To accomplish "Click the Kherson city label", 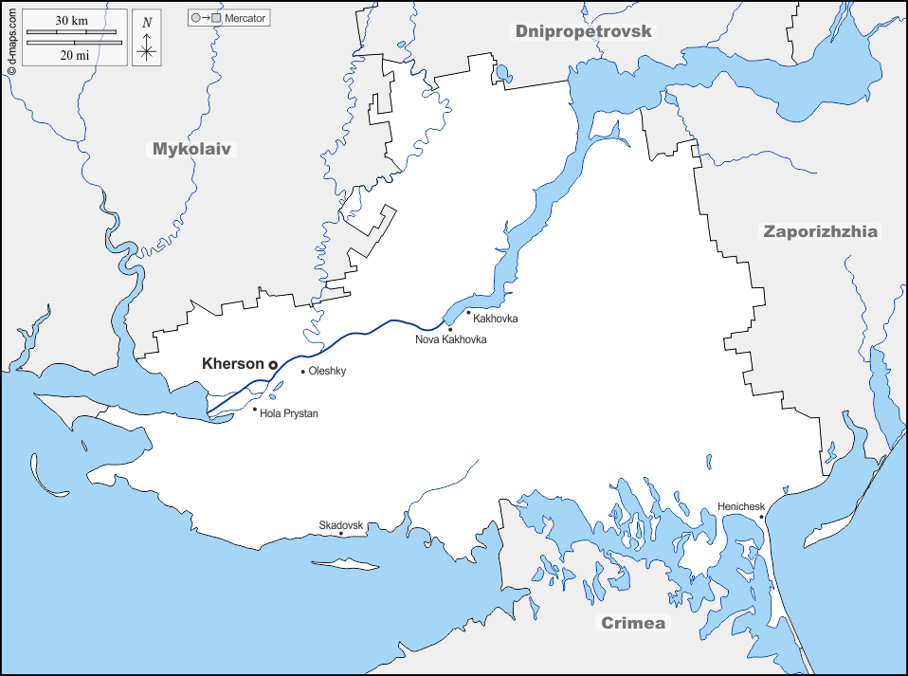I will click(233, 363).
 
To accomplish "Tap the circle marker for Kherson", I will click(273, 365).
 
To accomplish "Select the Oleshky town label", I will click(328, 372).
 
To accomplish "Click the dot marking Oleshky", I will click(303, 372).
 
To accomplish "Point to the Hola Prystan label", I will click(289, 413).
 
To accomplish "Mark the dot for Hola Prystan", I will click(255, 410).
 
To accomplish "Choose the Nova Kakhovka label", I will click(451, 339).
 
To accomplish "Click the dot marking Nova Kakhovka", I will click(450, 329).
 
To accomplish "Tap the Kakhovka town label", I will click(496, 319).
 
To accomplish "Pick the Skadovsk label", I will click(341, 524).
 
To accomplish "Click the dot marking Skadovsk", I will click(341, 534).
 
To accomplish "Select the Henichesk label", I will click(741, 506).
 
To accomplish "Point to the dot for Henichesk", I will click(761, 517).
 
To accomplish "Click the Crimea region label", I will click(633, 623).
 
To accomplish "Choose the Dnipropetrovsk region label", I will click(585, 31).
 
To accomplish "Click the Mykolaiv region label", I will click(192, 149).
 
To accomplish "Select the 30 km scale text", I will click(71, 21).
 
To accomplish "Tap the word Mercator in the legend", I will click(245, 18).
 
